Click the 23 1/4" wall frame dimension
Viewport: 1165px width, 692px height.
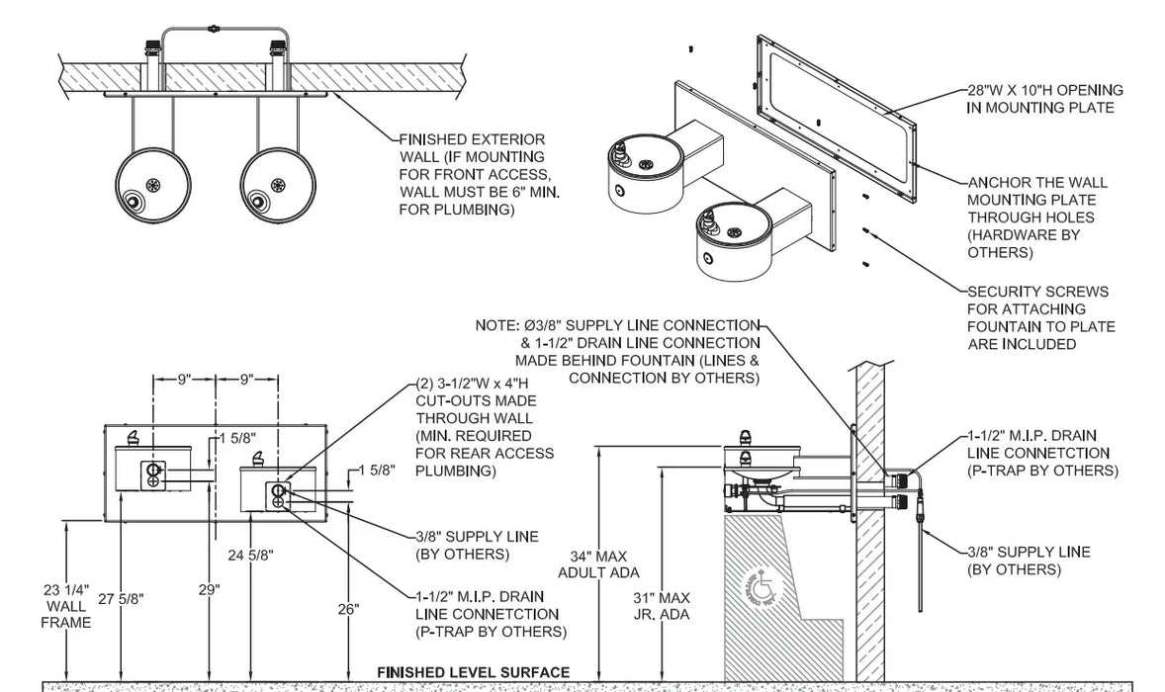[66, 607]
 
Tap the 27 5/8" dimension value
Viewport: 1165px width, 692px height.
[121, 598]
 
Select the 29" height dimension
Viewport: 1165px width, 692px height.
[210, 590]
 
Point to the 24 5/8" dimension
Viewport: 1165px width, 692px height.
[250, 555]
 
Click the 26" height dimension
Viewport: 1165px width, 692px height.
[348, 610]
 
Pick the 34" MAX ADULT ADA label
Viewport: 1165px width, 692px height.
[599, 564]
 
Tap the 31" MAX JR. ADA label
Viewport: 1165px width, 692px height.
[662, 606]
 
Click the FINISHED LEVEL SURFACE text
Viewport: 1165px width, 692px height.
[474, 672]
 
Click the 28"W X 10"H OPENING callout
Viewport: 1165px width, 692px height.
[1044, 99]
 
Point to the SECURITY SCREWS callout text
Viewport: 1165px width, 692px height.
[1041, 317]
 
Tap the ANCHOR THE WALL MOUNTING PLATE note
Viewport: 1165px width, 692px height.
[1037, 217]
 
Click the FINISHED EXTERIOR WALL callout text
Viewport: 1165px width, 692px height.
[480, 175]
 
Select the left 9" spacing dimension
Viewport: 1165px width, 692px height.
[184, 380]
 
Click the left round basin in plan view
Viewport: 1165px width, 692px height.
[153, 184]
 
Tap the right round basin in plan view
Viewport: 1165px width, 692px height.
[278, 184]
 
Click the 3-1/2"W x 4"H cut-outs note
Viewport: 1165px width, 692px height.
[485, 427]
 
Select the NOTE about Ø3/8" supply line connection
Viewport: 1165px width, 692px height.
[617, 352]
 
